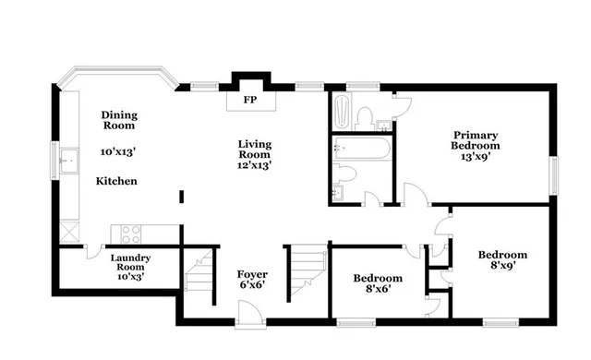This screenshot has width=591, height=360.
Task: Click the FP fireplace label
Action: pyautogui.click(x=249, y=100)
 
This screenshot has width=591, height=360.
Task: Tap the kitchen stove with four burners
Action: pyautogui.click(x=127, y=233)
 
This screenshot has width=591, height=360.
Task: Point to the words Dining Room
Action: pyautogui.click(x=119, y=121)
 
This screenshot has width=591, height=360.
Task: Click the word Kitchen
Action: pyautogui.click(x=117, y=182)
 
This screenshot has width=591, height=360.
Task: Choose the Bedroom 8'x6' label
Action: pyautogui.click(x=379, y=283)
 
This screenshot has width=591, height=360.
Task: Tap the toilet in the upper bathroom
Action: pyautogui.click(x=364, y=117)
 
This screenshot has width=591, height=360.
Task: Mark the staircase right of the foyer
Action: pyautogui.click(x=306, y=270)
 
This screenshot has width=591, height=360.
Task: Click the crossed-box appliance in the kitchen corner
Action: pyautogui.click(x=68, y=232)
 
